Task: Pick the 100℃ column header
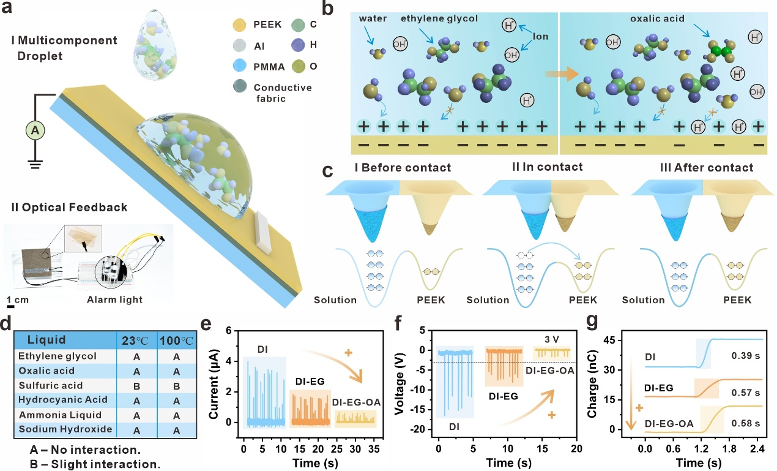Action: coord(175,339)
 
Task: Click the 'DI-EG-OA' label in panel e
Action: coord(357,401)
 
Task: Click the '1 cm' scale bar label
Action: coord(19,300)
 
